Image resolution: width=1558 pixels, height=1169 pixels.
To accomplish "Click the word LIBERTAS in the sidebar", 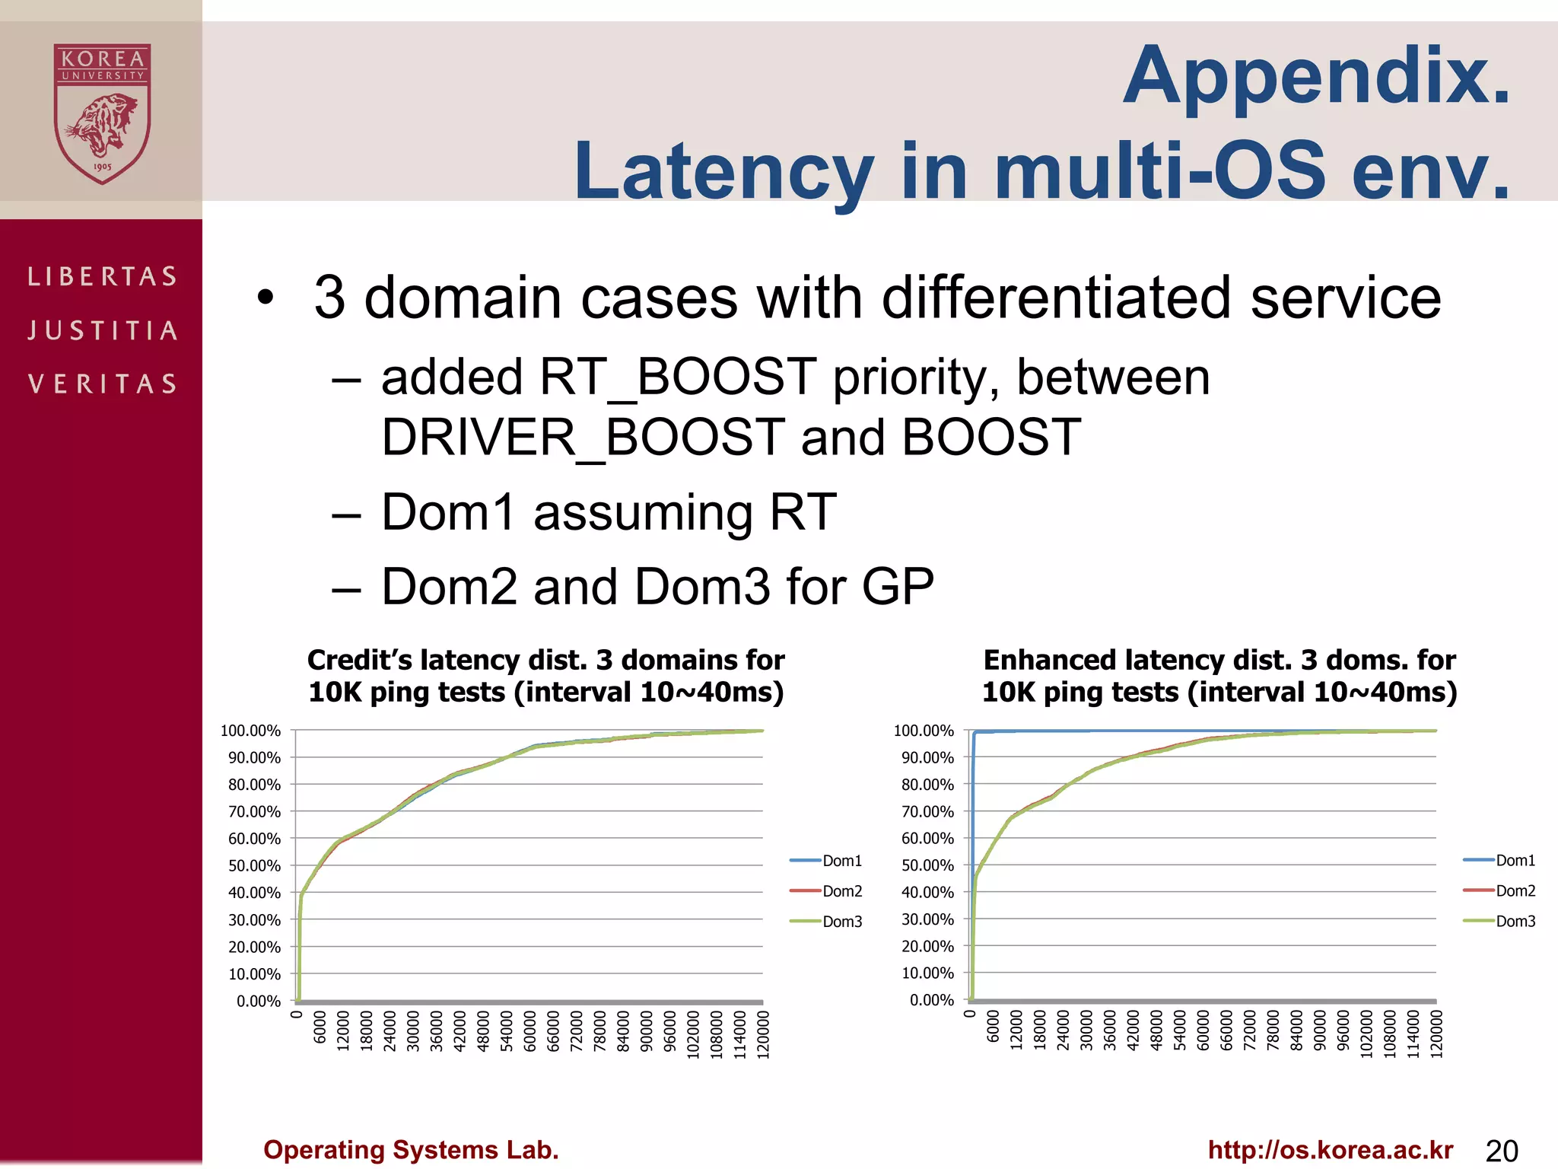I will [103, 276].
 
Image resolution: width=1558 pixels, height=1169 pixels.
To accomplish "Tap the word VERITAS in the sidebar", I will [103, 384].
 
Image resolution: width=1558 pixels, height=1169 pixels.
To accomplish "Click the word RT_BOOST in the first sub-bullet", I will [677, 377].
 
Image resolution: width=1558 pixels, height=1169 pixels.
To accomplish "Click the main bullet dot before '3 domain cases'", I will [264, 298].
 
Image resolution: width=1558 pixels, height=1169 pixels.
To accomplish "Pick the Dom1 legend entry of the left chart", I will [841, 861].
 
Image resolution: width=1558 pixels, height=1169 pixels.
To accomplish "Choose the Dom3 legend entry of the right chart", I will [1515, 922].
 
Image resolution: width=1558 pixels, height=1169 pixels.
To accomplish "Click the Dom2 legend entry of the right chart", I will [1515, 891].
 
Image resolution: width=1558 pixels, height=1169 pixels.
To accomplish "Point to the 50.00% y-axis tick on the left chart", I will [255, 865].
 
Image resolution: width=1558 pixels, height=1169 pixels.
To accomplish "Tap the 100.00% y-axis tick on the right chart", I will [924, 731].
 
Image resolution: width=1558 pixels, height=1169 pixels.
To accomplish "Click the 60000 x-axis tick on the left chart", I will [530, 1032].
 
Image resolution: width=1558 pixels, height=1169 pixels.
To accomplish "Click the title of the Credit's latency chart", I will [545, 676].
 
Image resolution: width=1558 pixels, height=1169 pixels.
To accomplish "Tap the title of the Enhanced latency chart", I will [1219, 676].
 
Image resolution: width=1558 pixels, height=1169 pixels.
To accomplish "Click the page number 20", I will [1501, 1151].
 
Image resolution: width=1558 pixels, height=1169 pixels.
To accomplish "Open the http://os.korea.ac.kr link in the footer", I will [1330, 1150].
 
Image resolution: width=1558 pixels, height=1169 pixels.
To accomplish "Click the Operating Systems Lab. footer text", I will [411, 1150].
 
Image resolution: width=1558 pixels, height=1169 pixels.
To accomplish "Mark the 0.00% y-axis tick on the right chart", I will [931, 1000].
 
